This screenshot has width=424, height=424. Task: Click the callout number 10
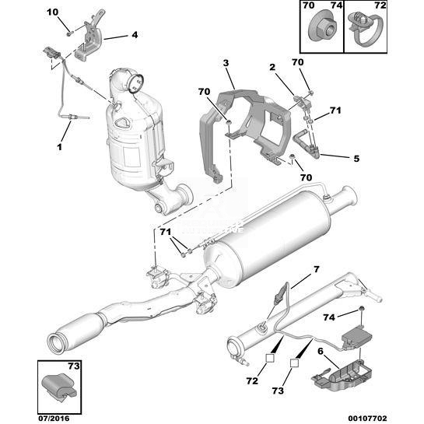pos(52,12)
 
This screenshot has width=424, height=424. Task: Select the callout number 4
pos(135,35)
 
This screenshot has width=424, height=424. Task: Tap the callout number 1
pos(59,147)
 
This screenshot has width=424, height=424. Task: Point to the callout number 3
pos(226,63)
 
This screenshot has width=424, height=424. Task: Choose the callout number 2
pos(272,67)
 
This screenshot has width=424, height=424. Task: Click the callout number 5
pos(356,159)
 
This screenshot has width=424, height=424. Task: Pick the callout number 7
pos(317,269)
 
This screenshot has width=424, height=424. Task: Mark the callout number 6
pos(321,352)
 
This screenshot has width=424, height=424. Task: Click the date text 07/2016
pos(53,419)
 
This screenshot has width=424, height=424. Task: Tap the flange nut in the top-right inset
pos(323,28)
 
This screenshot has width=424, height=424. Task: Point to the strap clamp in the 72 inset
pos(366,28)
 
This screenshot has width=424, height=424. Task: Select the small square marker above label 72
pos(270,358)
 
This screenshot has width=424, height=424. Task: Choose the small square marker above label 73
pos(294,363)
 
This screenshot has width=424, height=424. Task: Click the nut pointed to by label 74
pos(361,308)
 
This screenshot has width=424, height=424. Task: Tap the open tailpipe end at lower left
pos(56,343)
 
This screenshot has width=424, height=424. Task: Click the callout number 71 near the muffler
pos(165,232)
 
